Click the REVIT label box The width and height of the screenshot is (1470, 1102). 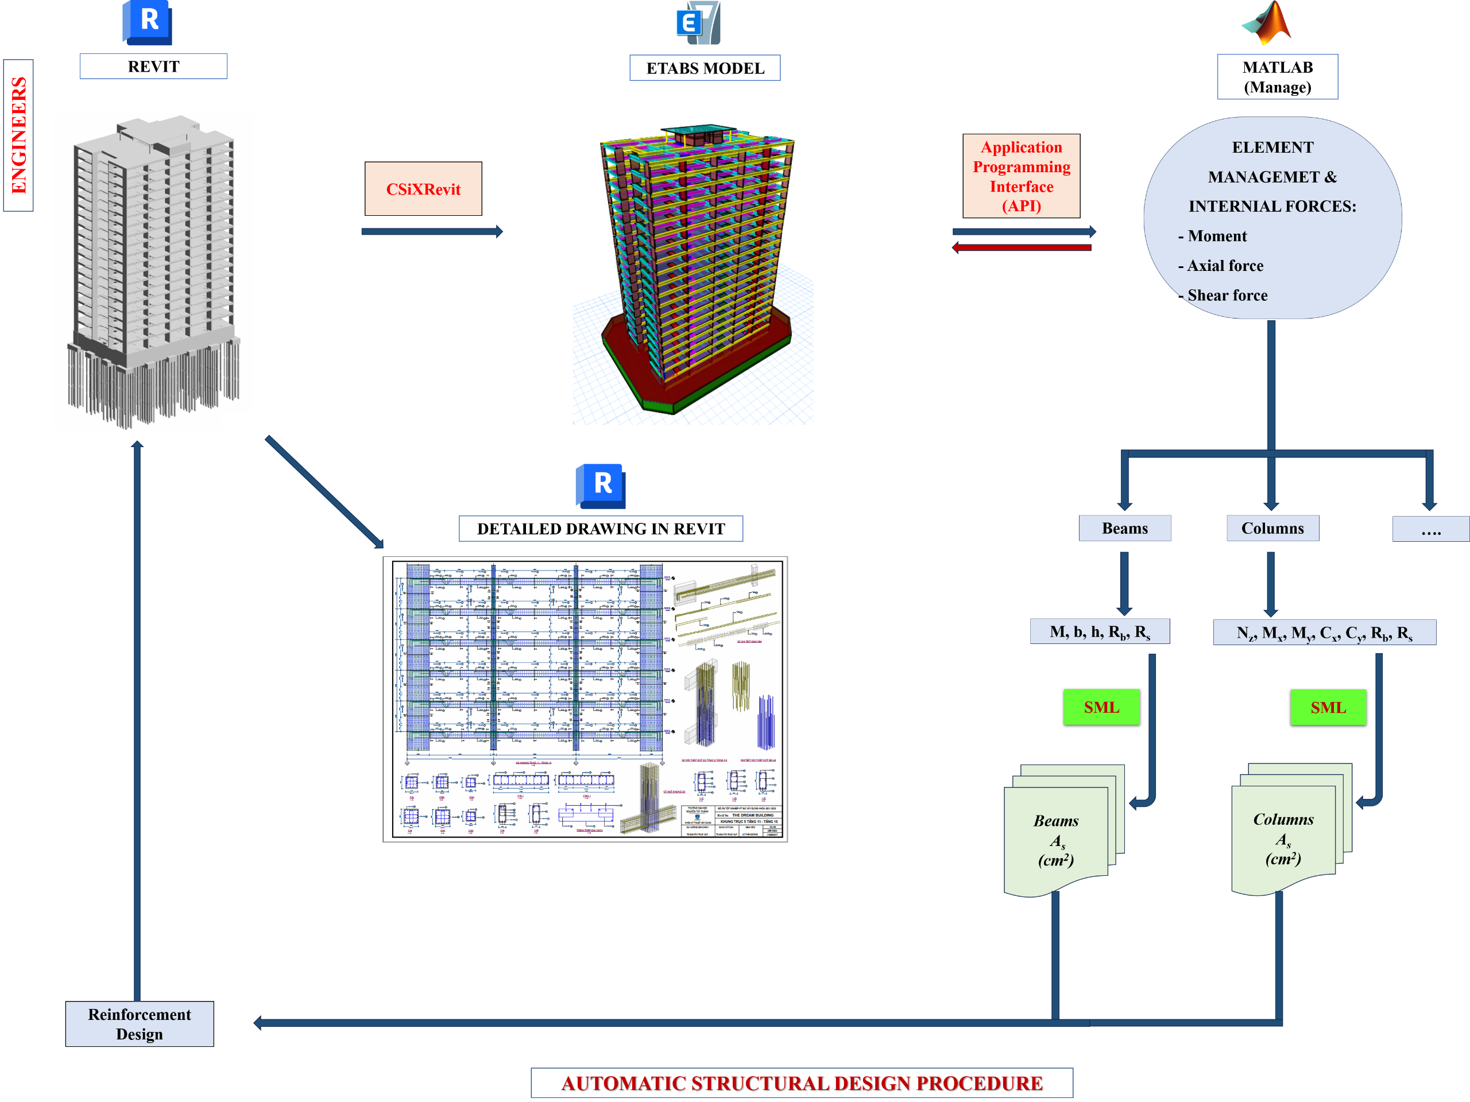(x=153, y=67)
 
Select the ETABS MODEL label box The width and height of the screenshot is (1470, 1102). (x=705, y=68)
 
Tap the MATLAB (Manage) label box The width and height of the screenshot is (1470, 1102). (x=1277, y=77)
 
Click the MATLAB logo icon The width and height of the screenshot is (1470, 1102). (x=1266, y=22)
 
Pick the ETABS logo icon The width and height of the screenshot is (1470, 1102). (x=698, y=22)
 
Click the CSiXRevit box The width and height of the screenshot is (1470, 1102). (x=423, y=189)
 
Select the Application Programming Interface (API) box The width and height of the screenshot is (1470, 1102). (x=1022, y=176)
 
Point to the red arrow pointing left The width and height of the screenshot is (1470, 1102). (x=1022, y=248)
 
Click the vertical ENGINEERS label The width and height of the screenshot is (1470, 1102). (x=18, y=135)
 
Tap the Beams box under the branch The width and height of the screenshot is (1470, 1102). (x=1125, y=528)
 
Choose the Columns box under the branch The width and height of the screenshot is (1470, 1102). (x=1272, y=528)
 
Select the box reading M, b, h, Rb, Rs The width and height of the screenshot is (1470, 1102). (x=1100, y=632)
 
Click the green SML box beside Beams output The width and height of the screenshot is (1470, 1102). (x=1102, y=707)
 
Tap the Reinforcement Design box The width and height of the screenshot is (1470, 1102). (x=140, y=1023)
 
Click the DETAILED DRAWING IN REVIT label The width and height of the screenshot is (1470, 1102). (x=601, y=529)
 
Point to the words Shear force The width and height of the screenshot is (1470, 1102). (x=1228, y=295)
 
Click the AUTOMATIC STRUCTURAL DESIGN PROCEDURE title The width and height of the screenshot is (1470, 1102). (x=802, y=1082)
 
